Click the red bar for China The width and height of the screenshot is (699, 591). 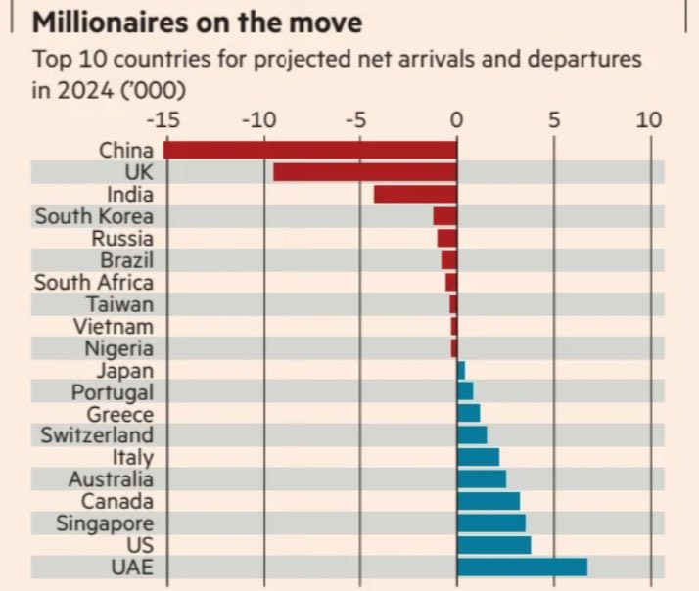click(x=309, y=150)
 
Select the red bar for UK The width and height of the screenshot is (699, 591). click(x=364, y=172)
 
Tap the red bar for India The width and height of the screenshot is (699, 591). click(x=415, y=194)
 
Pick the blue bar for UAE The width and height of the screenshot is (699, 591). click(x=522, y=567)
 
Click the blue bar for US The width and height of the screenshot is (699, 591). click(x=493, y=545)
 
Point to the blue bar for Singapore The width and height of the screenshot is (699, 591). click(x=490, y=523)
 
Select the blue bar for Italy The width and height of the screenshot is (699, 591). click(x=478, y=457)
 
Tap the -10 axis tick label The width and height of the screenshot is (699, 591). click(x=261, y=120)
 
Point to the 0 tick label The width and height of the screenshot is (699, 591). click(x=456, y=120)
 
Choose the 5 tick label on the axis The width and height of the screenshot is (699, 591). click(x=554, y=120)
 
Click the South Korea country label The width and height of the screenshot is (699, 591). click(x=94, y=216)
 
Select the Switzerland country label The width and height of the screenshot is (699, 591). click(x=97, y=434)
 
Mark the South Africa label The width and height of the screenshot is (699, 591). click(x=93, y=282)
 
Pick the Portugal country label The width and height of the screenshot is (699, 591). click(x=112, y=391)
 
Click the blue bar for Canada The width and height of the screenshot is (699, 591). click(x=488, y=501)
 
